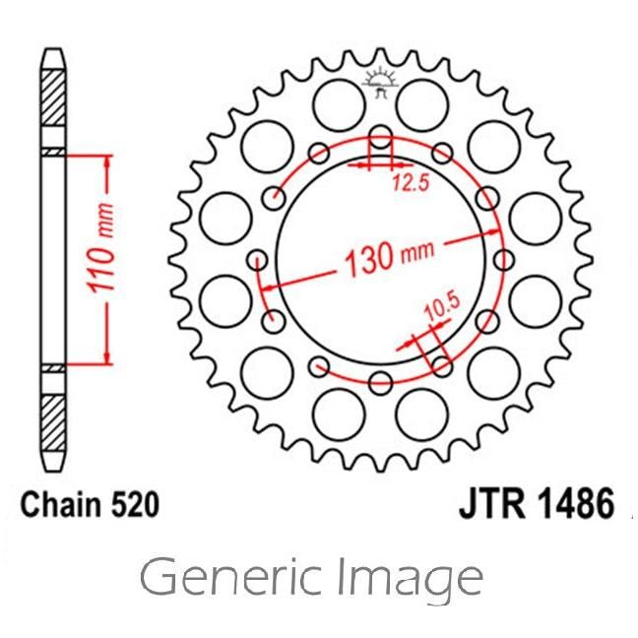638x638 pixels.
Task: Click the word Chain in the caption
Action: coord(60,506)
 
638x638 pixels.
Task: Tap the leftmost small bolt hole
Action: coord(259,260)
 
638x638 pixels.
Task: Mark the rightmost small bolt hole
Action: coord(503,260)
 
